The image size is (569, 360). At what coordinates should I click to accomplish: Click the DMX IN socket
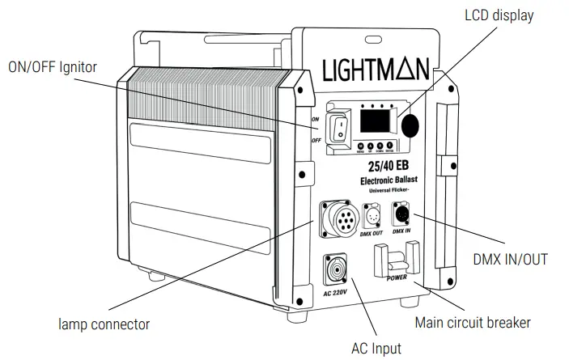pyautogui.click(x=401, y=214)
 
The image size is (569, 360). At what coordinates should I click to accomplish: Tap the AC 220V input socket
pyautogui.click(x=334, y=269)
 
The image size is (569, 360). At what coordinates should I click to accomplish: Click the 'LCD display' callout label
pyautogui.click(x=499, y=15)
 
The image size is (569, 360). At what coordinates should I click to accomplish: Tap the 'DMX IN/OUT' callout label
pyautogui.click(x=510, y=260)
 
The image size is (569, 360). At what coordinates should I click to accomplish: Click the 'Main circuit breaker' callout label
pyautogui.click(x=473, y=322)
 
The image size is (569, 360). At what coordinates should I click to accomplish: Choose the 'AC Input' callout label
pyautogui.click(x=375, y=349)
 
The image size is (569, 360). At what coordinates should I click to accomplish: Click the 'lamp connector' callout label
pyautogui.click(x=104, y=324)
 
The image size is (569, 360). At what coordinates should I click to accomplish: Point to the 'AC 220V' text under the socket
pyautogui.click(x=335, y=292)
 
